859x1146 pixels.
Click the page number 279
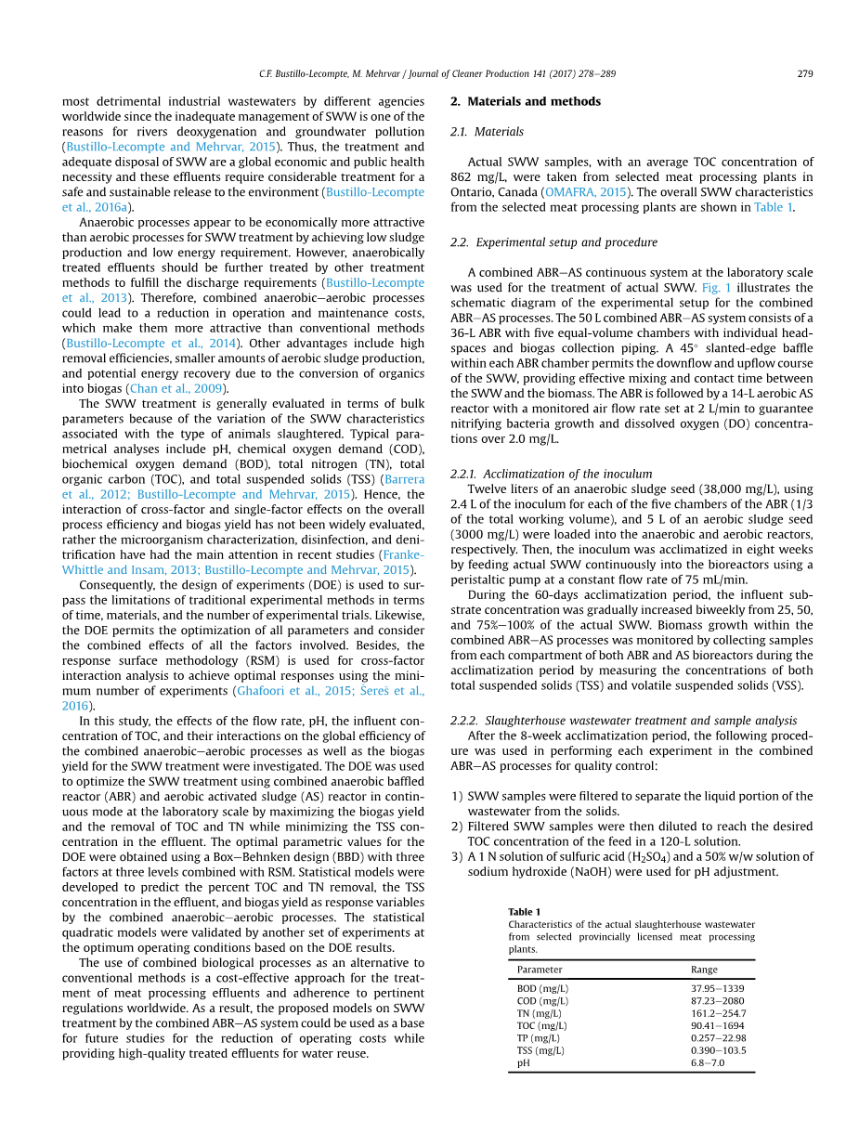[x=805, y=74]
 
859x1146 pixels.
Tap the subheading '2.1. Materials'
[x=487, y=132]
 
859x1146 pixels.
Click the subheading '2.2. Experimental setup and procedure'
[x=553, y=242]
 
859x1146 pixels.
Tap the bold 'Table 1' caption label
[x=524, y=912]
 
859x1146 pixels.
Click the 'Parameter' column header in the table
[x=540, y=970]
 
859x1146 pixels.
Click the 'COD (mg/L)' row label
[x=542, y=1001]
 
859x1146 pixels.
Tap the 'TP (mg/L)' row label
[x=540, y=1038]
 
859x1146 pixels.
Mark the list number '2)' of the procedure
[x=457, y=827]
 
